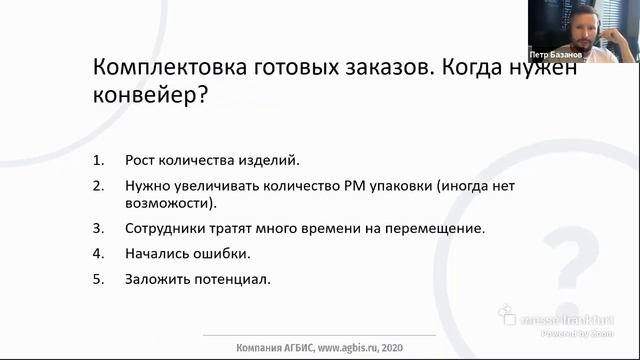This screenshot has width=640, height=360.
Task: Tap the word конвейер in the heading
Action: [140, 96]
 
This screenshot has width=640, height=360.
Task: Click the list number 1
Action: [97, 160]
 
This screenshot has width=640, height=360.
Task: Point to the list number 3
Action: [97, 228]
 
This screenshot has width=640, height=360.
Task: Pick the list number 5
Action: [97, 278]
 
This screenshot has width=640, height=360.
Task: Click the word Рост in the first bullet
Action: [140, 160]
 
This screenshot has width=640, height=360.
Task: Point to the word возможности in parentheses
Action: [168, 203]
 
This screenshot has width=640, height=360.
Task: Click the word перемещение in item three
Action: [438, 228]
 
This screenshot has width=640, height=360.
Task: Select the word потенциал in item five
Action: [234, 278]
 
